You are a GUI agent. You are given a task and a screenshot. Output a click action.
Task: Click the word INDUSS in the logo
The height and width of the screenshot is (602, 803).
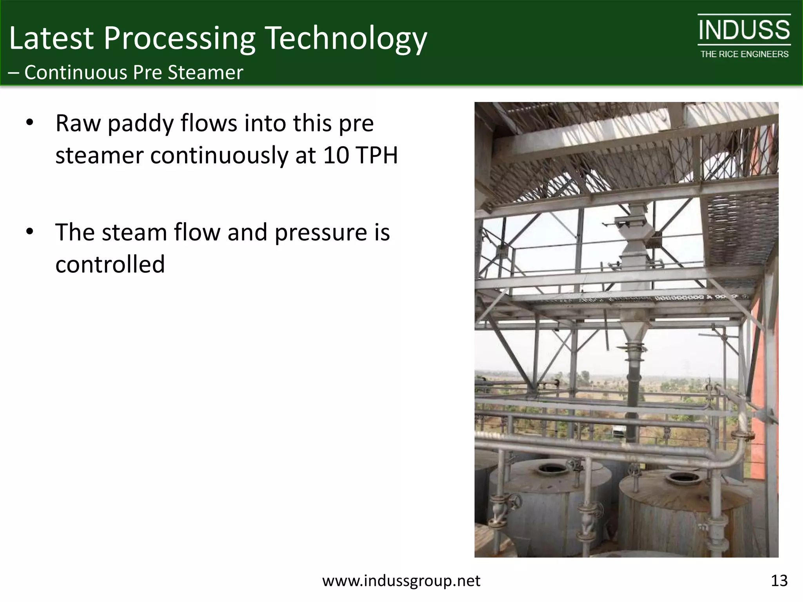click(x=744, y=31)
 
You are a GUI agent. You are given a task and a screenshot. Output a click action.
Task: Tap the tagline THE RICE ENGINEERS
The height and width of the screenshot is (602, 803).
click(x=744, y=54)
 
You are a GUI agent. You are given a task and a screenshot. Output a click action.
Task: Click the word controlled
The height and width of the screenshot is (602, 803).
click(x=110, y=264)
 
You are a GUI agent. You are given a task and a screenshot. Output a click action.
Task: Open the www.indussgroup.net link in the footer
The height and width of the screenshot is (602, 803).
click(x=401, y=580)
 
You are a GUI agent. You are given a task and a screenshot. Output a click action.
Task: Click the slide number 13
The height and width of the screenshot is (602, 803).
click(x=779, y=580)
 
